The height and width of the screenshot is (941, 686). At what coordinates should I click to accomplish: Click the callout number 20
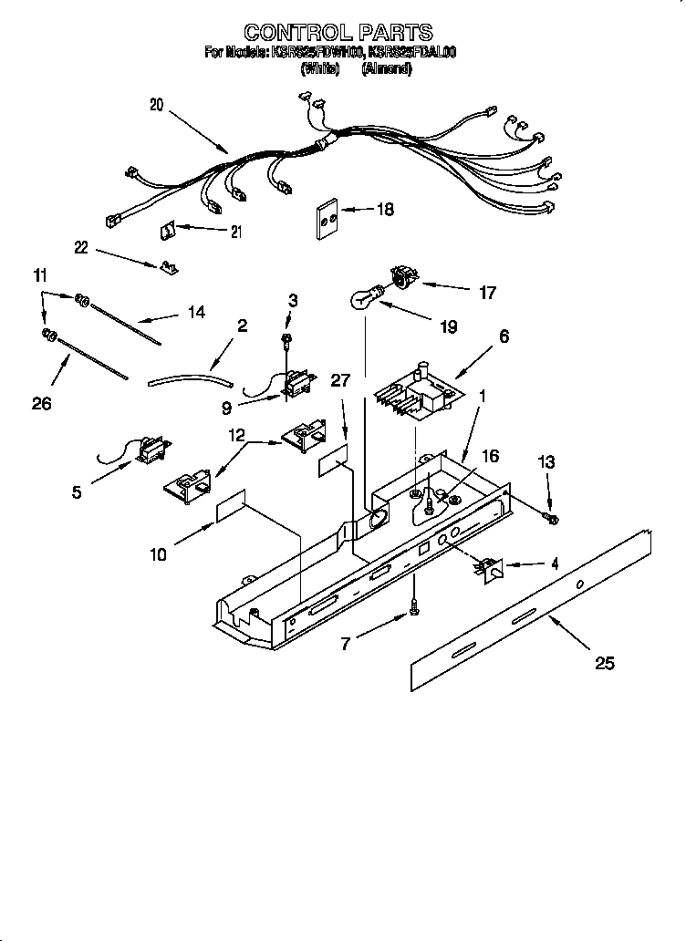pyautogui.click(x=156, y=105)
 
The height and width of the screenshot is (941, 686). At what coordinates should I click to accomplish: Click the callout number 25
pyautogui.click(x=604, y=664)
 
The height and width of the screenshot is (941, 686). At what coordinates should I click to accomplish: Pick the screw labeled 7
pyautogui.click(x=414, y=605)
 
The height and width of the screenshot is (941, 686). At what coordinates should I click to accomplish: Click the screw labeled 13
pyautogui.click(x=551, y=518)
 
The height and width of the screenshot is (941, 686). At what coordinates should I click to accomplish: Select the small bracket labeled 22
pyautogui.click(x=169, y=266)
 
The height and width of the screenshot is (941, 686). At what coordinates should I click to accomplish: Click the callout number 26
pyautogui.click(x=42, y=402)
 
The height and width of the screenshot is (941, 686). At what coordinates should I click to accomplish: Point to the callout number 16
pyautogui.click(x=490, y=456)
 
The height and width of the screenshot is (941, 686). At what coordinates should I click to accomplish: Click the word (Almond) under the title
pyautogui.click(x=386, y=69)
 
